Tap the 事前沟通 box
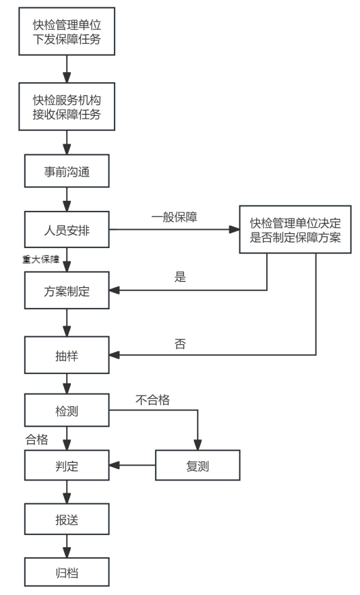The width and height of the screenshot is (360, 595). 67,171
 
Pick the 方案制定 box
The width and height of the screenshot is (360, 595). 67,291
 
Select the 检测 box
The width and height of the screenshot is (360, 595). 67,411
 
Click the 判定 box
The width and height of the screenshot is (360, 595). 67,465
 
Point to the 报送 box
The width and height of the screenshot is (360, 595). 67,520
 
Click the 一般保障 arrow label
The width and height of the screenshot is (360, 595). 173,218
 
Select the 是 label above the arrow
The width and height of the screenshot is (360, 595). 179,277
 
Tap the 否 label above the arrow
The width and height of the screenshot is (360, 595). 179,344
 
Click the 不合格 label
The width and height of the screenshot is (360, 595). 152,400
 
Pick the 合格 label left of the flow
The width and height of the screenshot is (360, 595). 37,439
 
